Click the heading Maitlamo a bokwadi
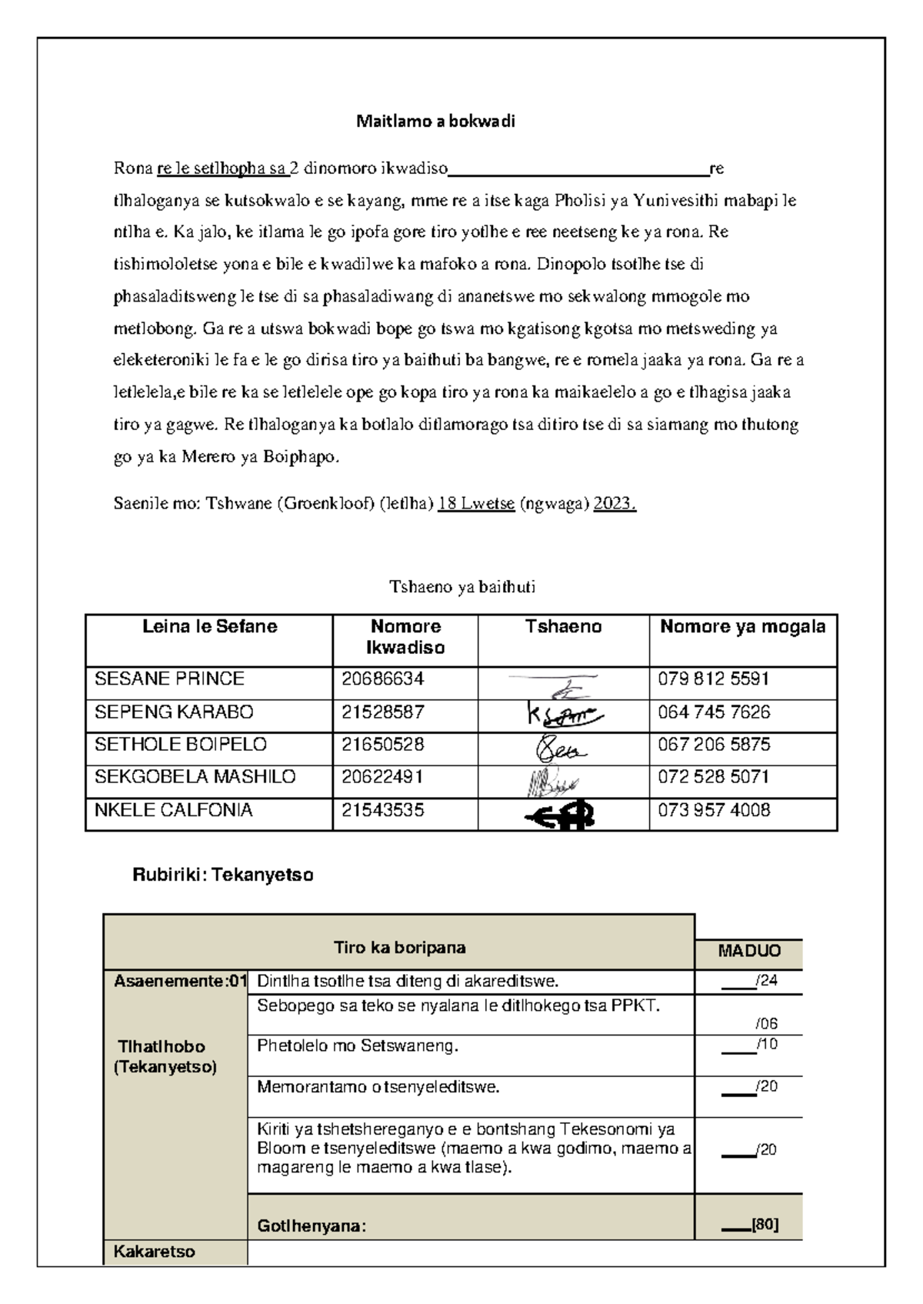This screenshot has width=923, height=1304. (x=435, y=122)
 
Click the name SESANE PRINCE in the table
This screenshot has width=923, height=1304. (x=169, y=679)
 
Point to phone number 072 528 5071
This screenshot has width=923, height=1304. (x=713, y=777)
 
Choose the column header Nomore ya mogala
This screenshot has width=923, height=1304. (x=742, y=627)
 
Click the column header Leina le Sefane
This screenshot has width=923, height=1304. (x=209, y=627)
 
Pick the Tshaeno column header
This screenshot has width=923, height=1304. (x=563, y=627)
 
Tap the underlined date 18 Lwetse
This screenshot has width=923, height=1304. (x=475, y=504)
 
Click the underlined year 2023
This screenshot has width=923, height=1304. (x=615, y=504)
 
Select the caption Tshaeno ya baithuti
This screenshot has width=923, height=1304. (x=461, y=587)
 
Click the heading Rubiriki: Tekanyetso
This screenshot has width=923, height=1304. (x=223, y=875)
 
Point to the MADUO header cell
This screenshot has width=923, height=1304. (x=749, y=951)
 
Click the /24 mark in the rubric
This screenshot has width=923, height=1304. (x=766, y=981)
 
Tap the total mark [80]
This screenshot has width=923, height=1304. (x=765, y=1226)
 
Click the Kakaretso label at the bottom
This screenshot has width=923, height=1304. (x=155, y=1252)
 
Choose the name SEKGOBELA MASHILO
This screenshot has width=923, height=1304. (x=195, y=777)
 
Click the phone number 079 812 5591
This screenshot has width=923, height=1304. (x=713, y=679)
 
